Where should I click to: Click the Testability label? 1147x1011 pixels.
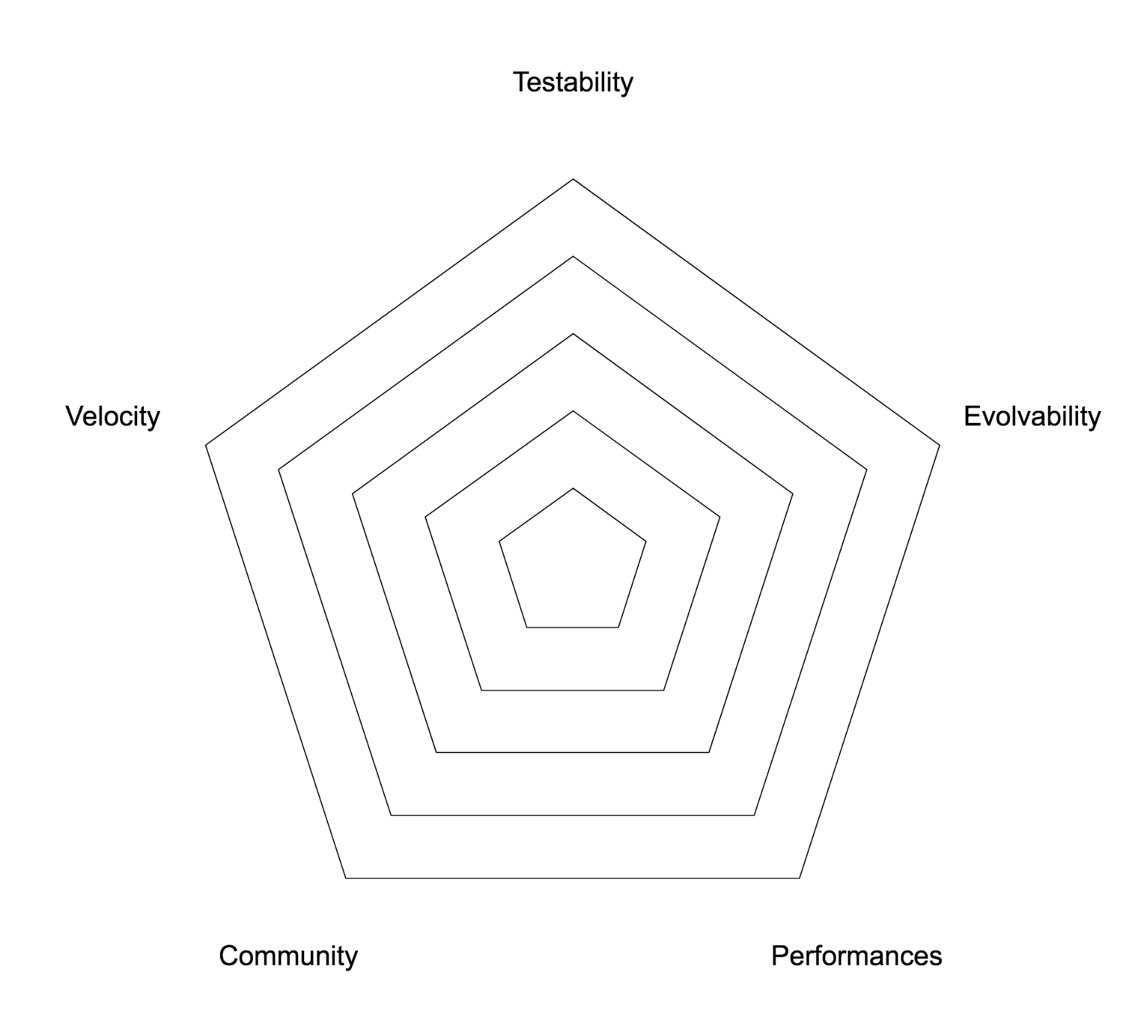pos(573,82)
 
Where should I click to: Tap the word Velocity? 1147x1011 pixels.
pos(112,416)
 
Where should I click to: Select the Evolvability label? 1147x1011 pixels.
pos(1032,416)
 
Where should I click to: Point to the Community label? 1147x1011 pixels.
pos(288,956)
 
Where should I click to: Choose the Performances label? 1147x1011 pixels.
pos(857,956)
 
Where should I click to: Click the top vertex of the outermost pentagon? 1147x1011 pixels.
pos(573,179)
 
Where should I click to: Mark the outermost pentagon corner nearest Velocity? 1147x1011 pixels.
pos(206,446)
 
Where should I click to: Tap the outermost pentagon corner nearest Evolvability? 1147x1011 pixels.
pos(940,446)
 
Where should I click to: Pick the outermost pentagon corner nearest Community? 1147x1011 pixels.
pos(346,877)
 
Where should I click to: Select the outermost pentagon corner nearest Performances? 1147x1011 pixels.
pos(800,877)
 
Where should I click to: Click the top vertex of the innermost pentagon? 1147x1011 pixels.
pos(573,488)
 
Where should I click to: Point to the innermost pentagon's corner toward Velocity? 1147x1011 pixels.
pos(499,540)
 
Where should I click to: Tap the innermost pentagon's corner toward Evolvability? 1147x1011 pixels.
pos(646,540)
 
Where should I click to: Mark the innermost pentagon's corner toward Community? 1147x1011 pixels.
pos(527,627)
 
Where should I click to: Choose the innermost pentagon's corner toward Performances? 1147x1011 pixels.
pos(618,627)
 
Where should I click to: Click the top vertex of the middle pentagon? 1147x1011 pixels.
pos(573,334)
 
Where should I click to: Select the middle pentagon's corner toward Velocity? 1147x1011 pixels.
pos(352,494)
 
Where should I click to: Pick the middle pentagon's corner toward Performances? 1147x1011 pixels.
pos(709,752)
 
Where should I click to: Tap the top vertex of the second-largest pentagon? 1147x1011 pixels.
pos(573,256)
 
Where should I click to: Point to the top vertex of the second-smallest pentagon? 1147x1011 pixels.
pos(573,411)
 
